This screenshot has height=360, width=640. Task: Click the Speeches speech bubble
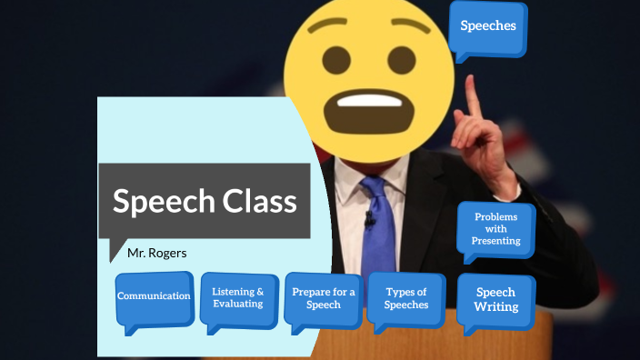click(488, 26)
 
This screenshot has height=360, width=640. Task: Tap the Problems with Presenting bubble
click(495, 228)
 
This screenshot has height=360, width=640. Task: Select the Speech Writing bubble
click(495, 299)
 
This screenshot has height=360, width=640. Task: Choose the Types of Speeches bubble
click(405, 298)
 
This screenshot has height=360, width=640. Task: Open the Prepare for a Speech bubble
click(324, 298)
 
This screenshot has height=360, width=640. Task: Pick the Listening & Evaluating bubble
click(238, 297)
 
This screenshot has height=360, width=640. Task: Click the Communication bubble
click(154, 296)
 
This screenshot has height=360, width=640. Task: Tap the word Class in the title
click(260, 201)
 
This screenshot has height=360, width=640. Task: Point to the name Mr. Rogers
click(157, 253)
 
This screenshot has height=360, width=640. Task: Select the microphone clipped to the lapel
click(370, 219)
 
